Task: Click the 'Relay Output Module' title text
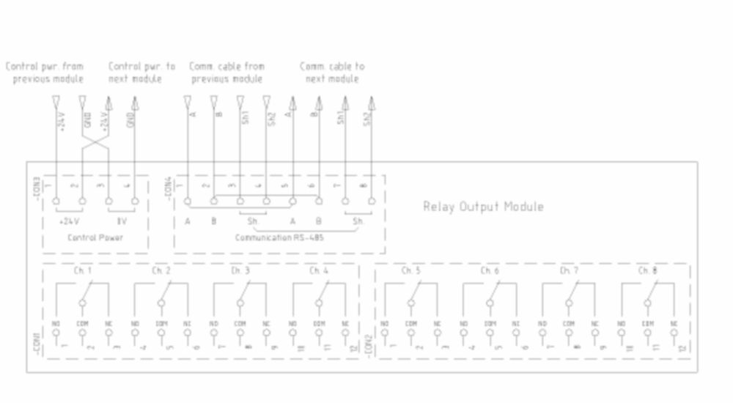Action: click(x=483, y=207)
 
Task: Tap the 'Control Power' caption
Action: click(x=95, y=237)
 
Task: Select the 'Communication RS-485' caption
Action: click(x=279, y=237)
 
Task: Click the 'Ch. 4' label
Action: click(x=319, y=271)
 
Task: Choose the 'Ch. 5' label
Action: click(x=410, y=271)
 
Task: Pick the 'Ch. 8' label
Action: click(x=647, y=271)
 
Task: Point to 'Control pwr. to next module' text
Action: click(x=141, y=73)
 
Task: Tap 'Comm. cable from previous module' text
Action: click(x=226, y=73)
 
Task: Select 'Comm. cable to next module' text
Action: click(x=331, y=73)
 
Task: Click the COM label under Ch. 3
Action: click(x=240, y=323)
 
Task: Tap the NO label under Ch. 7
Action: click(x=542, y=323)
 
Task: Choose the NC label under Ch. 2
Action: click(x=187, y=323)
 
